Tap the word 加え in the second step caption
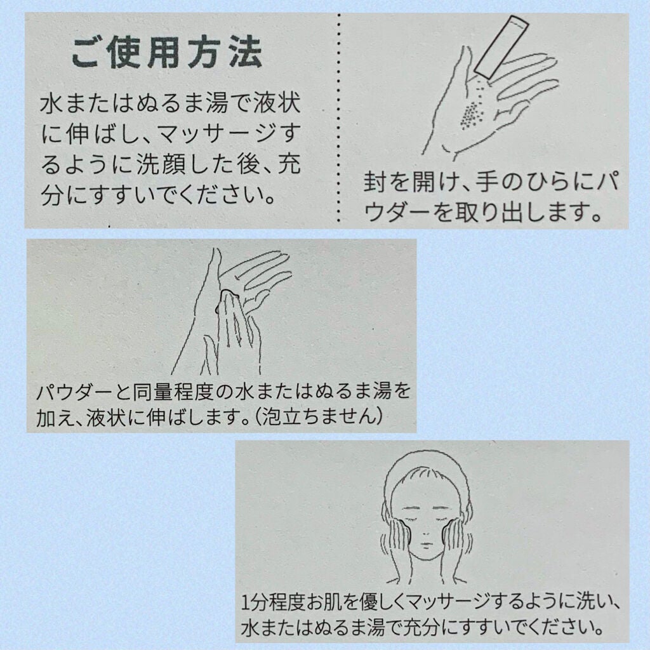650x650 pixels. point(54,416)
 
